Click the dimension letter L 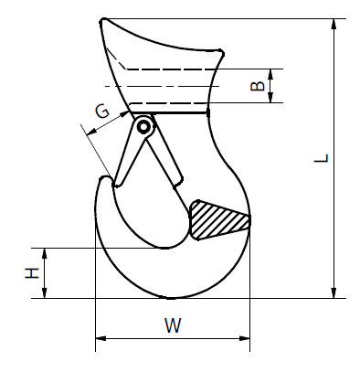click(x=322, y=158)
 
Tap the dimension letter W click(x=173, y=325)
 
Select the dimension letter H click(x=32, y=273)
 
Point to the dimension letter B click(x=258, y=86)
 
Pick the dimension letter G click(x=102, y=112)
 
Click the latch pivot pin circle click(x=143, y=127)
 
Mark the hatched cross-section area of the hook click(x=220, y=220)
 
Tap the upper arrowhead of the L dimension click(x=334, y=25)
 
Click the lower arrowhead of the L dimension click(x=334, y=292)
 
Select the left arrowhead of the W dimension click(x=101, y=338)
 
